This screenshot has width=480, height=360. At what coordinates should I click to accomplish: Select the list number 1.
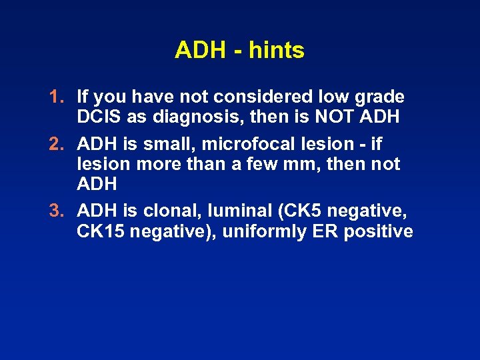(x=55, y=97)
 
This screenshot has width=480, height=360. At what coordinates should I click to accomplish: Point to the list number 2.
(x=55, y=144)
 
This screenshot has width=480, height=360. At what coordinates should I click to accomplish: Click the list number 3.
(x=55, y=212)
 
